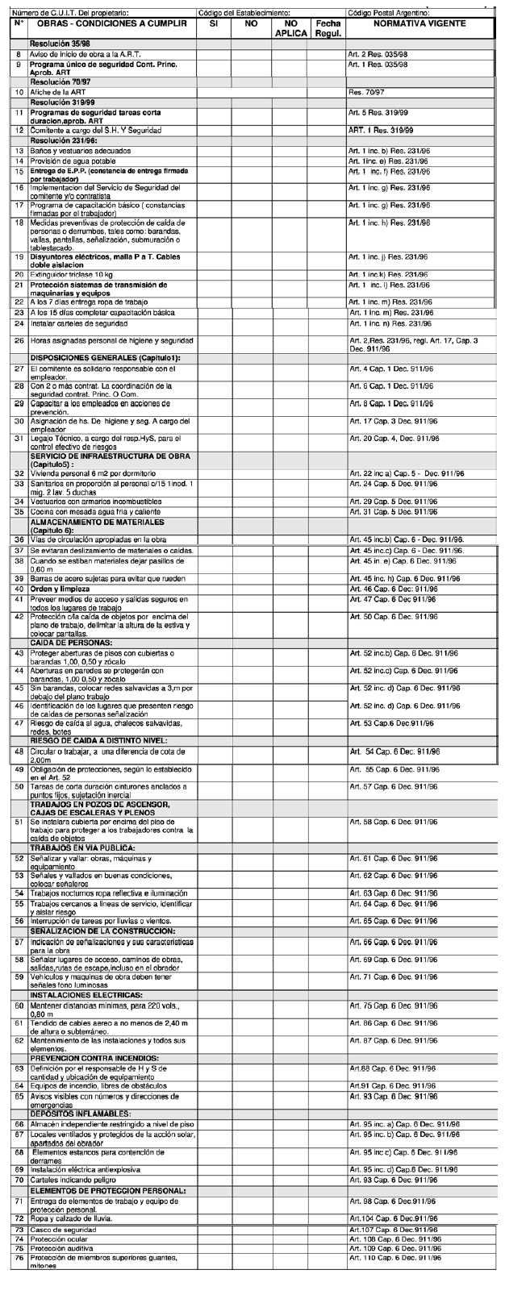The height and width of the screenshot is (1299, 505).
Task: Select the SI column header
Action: (214, 24)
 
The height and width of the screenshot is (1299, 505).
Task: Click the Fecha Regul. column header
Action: (328, 29)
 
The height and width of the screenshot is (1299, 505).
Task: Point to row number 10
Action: (18, 93)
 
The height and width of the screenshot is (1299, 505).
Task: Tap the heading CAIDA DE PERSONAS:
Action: (71, 642)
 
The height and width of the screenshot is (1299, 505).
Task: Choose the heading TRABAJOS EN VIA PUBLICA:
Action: (82, 847)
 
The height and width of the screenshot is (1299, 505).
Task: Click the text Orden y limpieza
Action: (60, 589)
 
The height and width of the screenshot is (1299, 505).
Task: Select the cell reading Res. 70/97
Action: (367, 93)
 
